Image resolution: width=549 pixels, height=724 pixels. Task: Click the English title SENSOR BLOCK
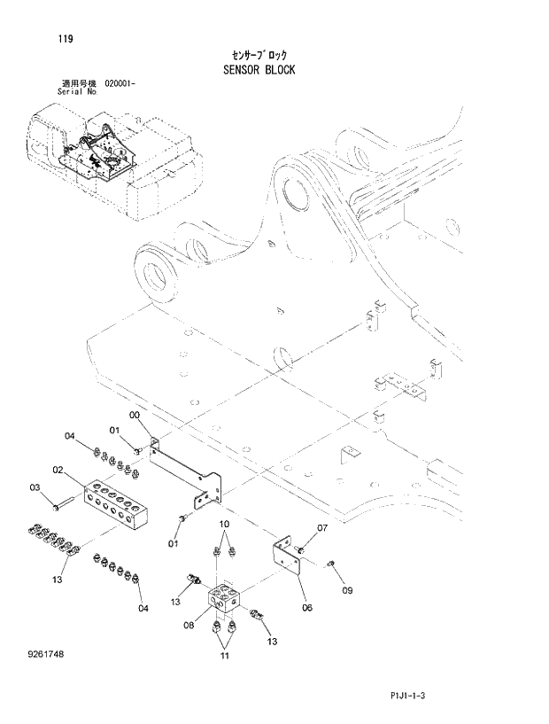coord(259,69)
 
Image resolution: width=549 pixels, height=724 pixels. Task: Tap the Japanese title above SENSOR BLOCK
coord(259,54)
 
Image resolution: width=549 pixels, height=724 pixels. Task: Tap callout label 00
coord(135,416)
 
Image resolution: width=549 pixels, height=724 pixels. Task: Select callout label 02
coord(58,470)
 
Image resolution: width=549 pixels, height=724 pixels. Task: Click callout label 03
coord(36,487)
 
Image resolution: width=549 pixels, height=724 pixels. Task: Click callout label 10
coord(224,525)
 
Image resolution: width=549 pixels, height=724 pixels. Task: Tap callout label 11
coord(224,657)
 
